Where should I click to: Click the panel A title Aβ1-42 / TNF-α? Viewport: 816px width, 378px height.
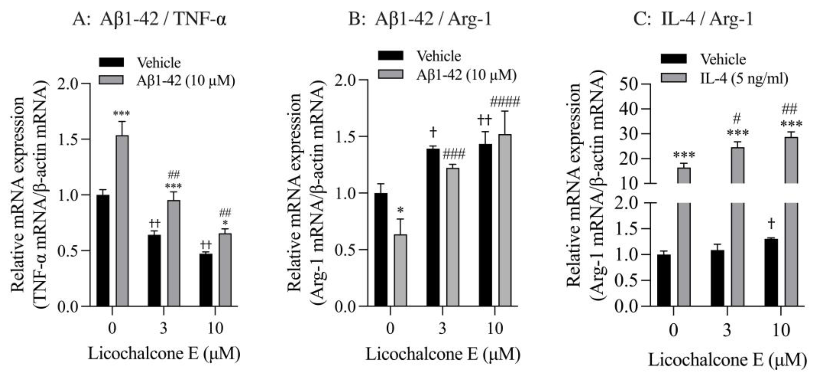149,20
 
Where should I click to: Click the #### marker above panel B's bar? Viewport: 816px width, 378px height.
505,102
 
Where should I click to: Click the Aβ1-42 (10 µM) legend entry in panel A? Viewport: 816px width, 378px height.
186,81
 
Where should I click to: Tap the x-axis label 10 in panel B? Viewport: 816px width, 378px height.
495,329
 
